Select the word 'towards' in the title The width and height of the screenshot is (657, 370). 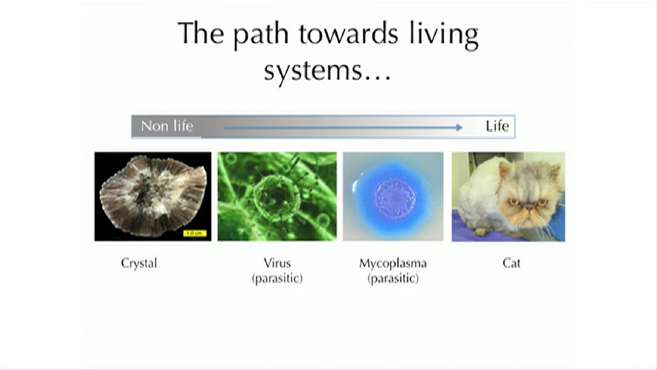click(349, 33)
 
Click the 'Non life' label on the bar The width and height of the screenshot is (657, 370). click(167, 126)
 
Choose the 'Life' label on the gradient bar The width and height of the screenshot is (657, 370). click(497, 126)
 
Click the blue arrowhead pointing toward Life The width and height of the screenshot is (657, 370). click(459, 127)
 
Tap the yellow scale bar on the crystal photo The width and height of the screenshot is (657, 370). click(195, 233)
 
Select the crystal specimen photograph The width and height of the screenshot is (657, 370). click(153, 196)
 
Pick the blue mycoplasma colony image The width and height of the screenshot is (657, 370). click(393, 196)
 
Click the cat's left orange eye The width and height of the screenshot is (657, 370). click(514, 202)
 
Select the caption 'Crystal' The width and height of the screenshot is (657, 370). click(139, 263)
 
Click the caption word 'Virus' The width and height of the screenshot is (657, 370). click(277, 263)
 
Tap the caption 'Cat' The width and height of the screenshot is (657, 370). click(511, 263)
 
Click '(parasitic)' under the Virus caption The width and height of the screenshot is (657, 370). click(277, 279)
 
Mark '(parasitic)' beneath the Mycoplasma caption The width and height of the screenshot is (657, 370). click(393, 279)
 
